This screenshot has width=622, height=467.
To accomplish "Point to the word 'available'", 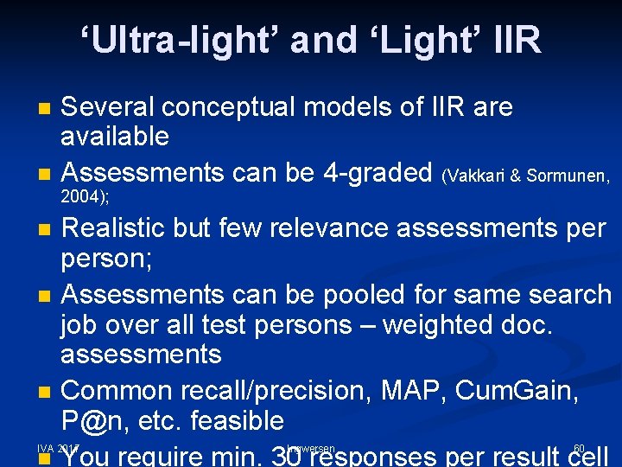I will click(115, 135).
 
